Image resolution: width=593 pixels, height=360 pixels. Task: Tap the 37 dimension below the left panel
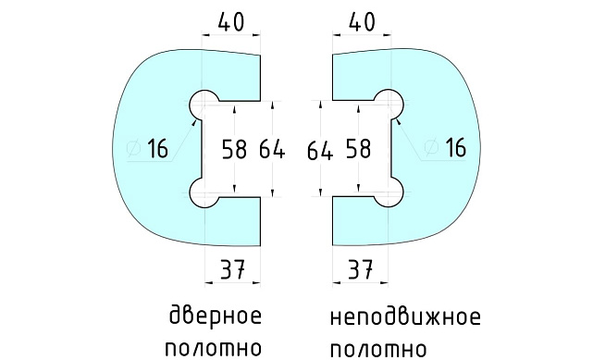230,269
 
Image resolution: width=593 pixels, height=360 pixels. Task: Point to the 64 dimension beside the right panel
319,149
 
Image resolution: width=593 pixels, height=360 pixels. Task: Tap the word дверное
215,316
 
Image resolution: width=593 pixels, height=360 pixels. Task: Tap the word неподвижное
405,317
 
